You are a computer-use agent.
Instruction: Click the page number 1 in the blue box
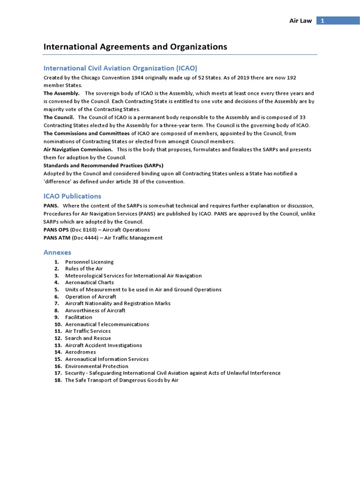click(322, 21)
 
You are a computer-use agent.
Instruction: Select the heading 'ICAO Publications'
click(72, 196)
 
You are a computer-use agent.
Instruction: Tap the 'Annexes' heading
click(57, 252)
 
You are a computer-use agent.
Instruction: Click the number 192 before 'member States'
click(291, 77)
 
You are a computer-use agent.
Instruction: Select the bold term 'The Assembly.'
click(61, 93)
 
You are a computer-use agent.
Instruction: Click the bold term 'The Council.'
click(59, 117)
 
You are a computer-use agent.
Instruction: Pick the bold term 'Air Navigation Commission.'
click(78, 149)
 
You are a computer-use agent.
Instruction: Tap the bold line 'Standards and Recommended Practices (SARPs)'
click(103, 165)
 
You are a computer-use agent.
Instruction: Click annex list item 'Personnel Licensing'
click(89, 262)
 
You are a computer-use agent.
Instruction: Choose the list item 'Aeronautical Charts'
click(89, 283)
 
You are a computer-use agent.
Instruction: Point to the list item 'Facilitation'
click(78, 317)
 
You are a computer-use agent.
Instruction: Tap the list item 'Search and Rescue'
click(88, 338)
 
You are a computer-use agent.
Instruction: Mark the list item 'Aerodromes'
click(80, 352)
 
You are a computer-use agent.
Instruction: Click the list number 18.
click(58, 380)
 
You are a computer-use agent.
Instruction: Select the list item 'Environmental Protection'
click(96, 366)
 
